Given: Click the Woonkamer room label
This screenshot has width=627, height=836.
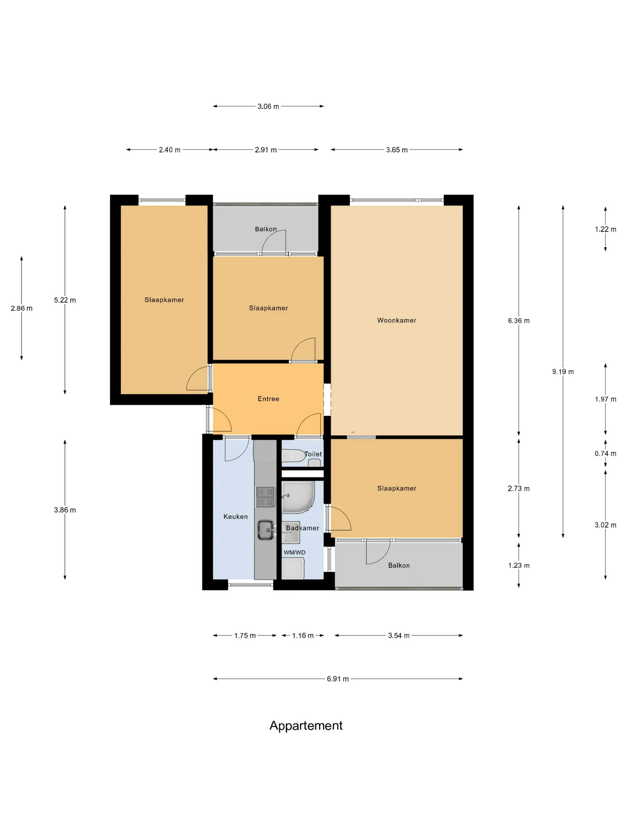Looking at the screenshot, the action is coord(397,320).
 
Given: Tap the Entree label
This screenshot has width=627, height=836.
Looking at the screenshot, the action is coord(268,399).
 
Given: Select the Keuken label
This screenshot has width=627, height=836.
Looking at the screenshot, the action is coord(236,516).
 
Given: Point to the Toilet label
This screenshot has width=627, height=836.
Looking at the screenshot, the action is coord(313,454).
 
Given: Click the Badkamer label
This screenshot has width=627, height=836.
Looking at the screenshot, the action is coord(302,528).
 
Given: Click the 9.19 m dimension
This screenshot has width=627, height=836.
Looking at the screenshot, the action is coord(563,371).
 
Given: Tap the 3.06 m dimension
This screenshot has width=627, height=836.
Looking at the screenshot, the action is coord(268,107).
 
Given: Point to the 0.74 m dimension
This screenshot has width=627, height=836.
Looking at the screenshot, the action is coord(605,454).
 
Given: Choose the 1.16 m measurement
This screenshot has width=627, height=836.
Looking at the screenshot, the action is coord(303,635).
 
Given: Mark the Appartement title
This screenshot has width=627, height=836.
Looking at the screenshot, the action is coord(306,725).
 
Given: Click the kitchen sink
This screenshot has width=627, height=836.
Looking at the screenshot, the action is coord(266,530).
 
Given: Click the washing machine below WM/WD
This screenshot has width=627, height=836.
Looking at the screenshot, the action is coord(293,568).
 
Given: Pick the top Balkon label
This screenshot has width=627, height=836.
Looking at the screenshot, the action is coord(266,229).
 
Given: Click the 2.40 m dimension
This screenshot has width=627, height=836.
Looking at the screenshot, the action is coord(170,150).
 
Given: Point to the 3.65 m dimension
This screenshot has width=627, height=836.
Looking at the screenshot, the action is coord(397,150).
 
